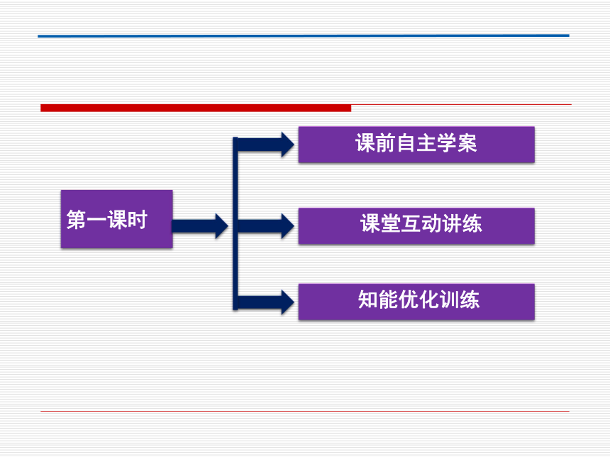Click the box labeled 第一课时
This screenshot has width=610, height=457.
coord(117,219)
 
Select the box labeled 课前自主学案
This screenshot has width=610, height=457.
coord(416,145)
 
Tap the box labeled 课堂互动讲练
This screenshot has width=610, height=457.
coord(416,226)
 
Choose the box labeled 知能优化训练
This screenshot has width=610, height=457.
coord(416,302)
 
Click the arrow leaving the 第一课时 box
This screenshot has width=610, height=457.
coord(200,226)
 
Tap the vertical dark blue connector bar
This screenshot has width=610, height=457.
coord(235,223)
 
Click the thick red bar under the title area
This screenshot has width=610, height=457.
coord(196,108)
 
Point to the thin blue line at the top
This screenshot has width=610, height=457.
coord(304,35)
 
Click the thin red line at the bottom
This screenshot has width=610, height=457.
coord(304,411)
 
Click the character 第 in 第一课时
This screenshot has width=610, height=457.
coord(77,220)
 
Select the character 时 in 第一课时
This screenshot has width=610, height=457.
coord(137,220)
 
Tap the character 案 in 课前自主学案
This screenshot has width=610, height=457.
coord(467,143)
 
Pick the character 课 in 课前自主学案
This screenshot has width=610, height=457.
coord(365,143)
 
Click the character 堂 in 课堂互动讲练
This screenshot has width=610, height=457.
coord(391,223)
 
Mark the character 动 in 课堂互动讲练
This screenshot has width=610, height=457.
coord(431,223)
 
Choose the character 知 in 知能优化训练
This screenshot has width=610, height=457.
coord(368,299)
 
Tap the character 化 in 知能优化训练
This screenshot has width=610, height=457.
coord(428,299)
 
